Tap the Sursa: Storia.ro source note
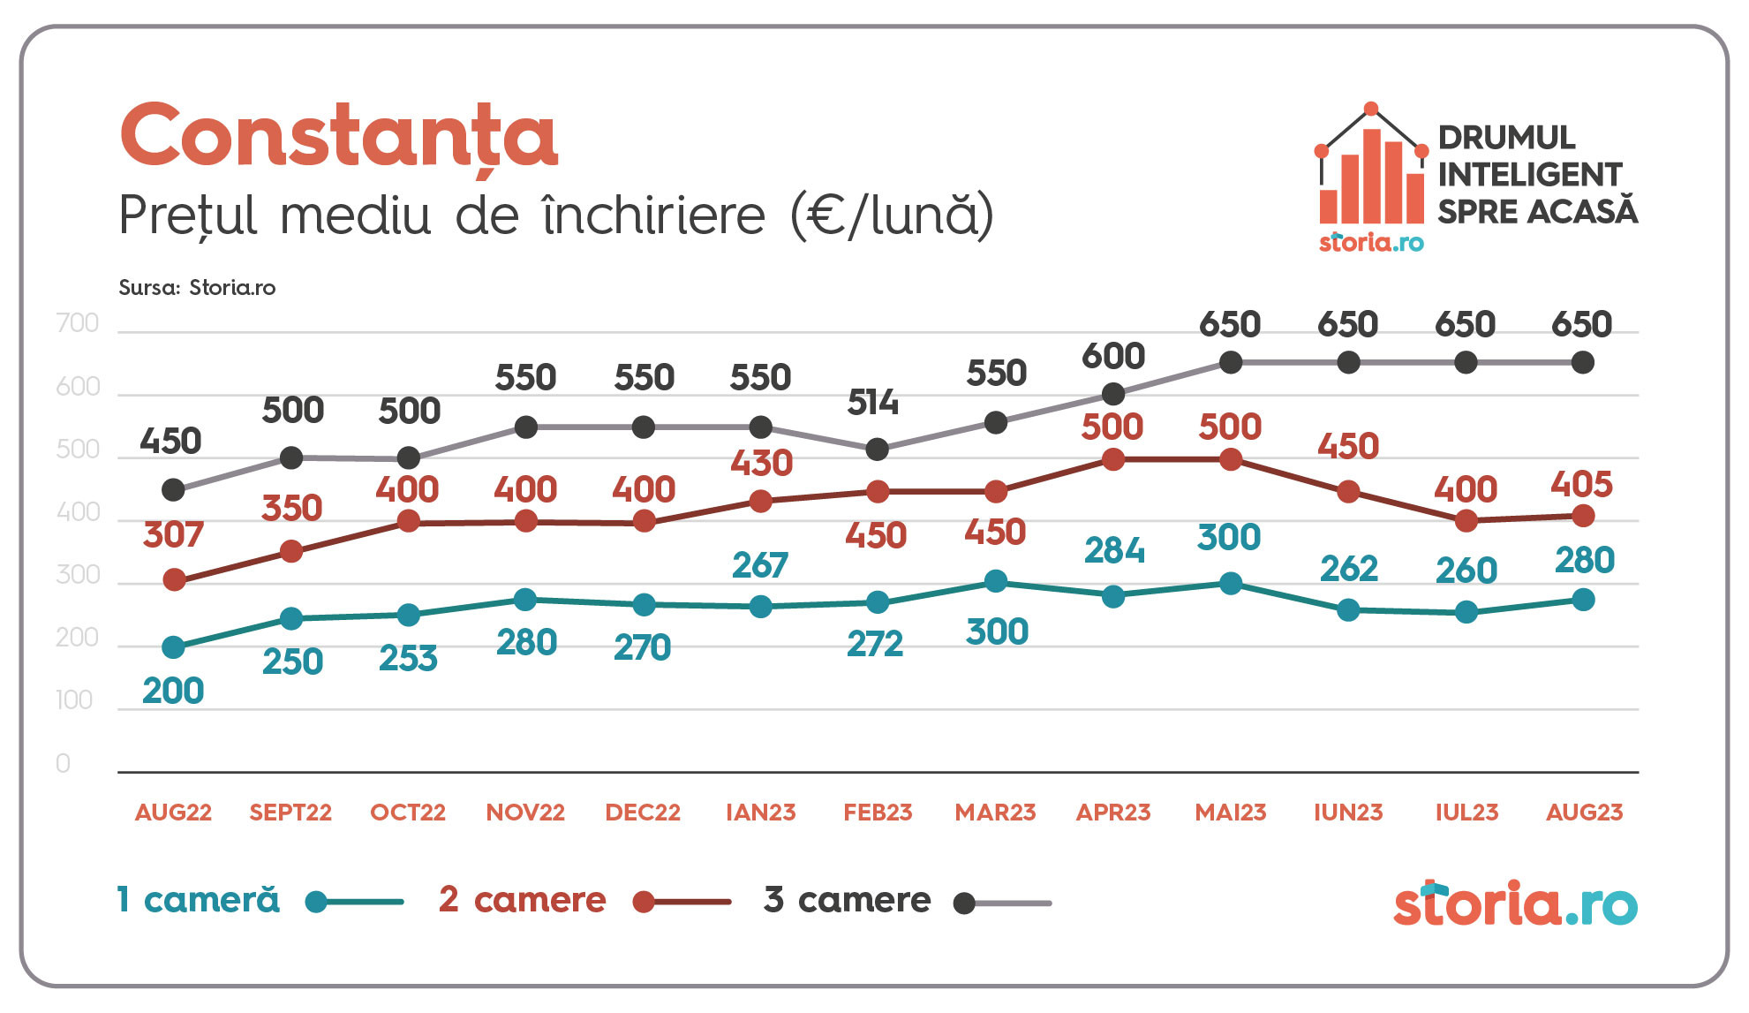197,288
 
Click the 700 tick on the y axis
78,323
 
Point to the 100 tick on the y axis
74,700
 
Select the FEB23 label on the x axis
878,813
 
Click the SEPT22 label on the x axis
290,813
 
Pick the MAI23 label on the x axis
1231,813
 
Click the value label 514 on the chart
872,404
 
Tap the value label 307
173,535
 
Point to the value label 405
1581,485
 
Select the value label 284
1114,551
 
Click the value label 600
1113,357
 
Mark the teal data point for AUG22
174,647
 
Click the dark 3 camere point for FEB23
877,450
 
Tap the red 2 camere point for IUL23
1466,521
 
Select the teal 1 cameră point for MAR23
996,581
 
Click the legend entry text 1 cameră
199,900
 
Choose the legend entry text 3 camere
848,900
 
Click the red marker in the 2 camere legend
644,903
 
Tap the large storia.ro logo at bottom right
1515,903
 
